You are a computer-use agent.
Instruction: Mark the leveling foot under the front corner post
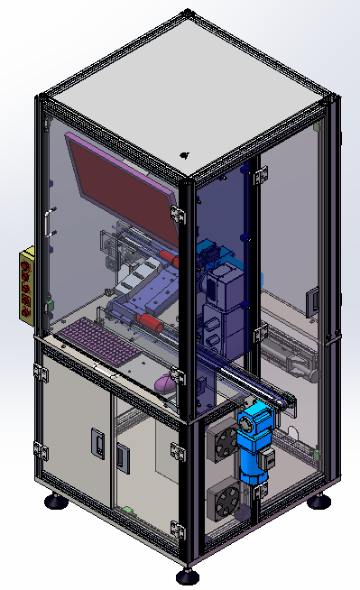coord(187,575)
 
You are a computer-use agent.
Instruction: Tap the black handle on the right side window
coord(313,301)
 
